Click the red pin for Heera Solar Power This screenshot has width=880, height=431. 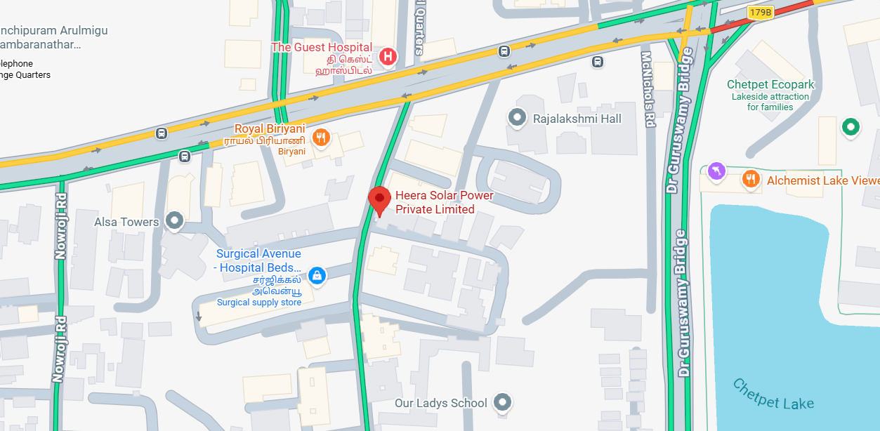[380, 200]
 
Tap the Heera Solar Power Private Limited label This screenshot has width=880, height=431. [445, 202]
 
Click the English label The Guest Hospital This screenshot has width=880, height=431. [322, 47]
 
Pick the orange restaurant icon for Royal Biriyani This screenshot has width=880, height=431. [321, 138]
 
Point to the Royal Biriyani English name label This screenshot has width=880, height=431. [270, 128]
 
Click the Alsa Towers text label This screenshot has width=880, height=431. [127, 222]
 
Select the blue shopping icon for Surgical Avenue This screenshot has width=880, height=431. [317, 275]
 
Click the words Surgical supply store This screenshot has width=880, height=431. [259, 303]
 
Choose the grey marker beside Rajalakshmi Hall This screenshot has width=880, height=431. [518, 118]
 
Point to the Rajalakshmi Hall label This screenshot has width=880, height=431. [577, 119]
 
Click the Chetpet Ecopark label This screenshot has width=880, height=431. [770, 85]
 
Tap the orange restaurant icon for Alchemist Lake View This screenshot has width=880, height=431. [751, 180]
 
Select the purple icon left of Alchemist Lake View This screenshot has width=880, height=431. [716, 171]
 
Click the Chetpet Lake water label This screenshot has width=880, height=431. [773, 394]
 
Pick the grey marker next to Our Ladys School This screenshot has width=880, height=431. [501, 402]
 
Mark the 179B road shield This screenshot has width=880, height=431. [760, 12]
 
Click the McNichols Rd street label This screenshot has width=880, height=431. [648, 88]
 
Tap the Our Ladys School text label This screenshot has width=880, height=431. [440, 403]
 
